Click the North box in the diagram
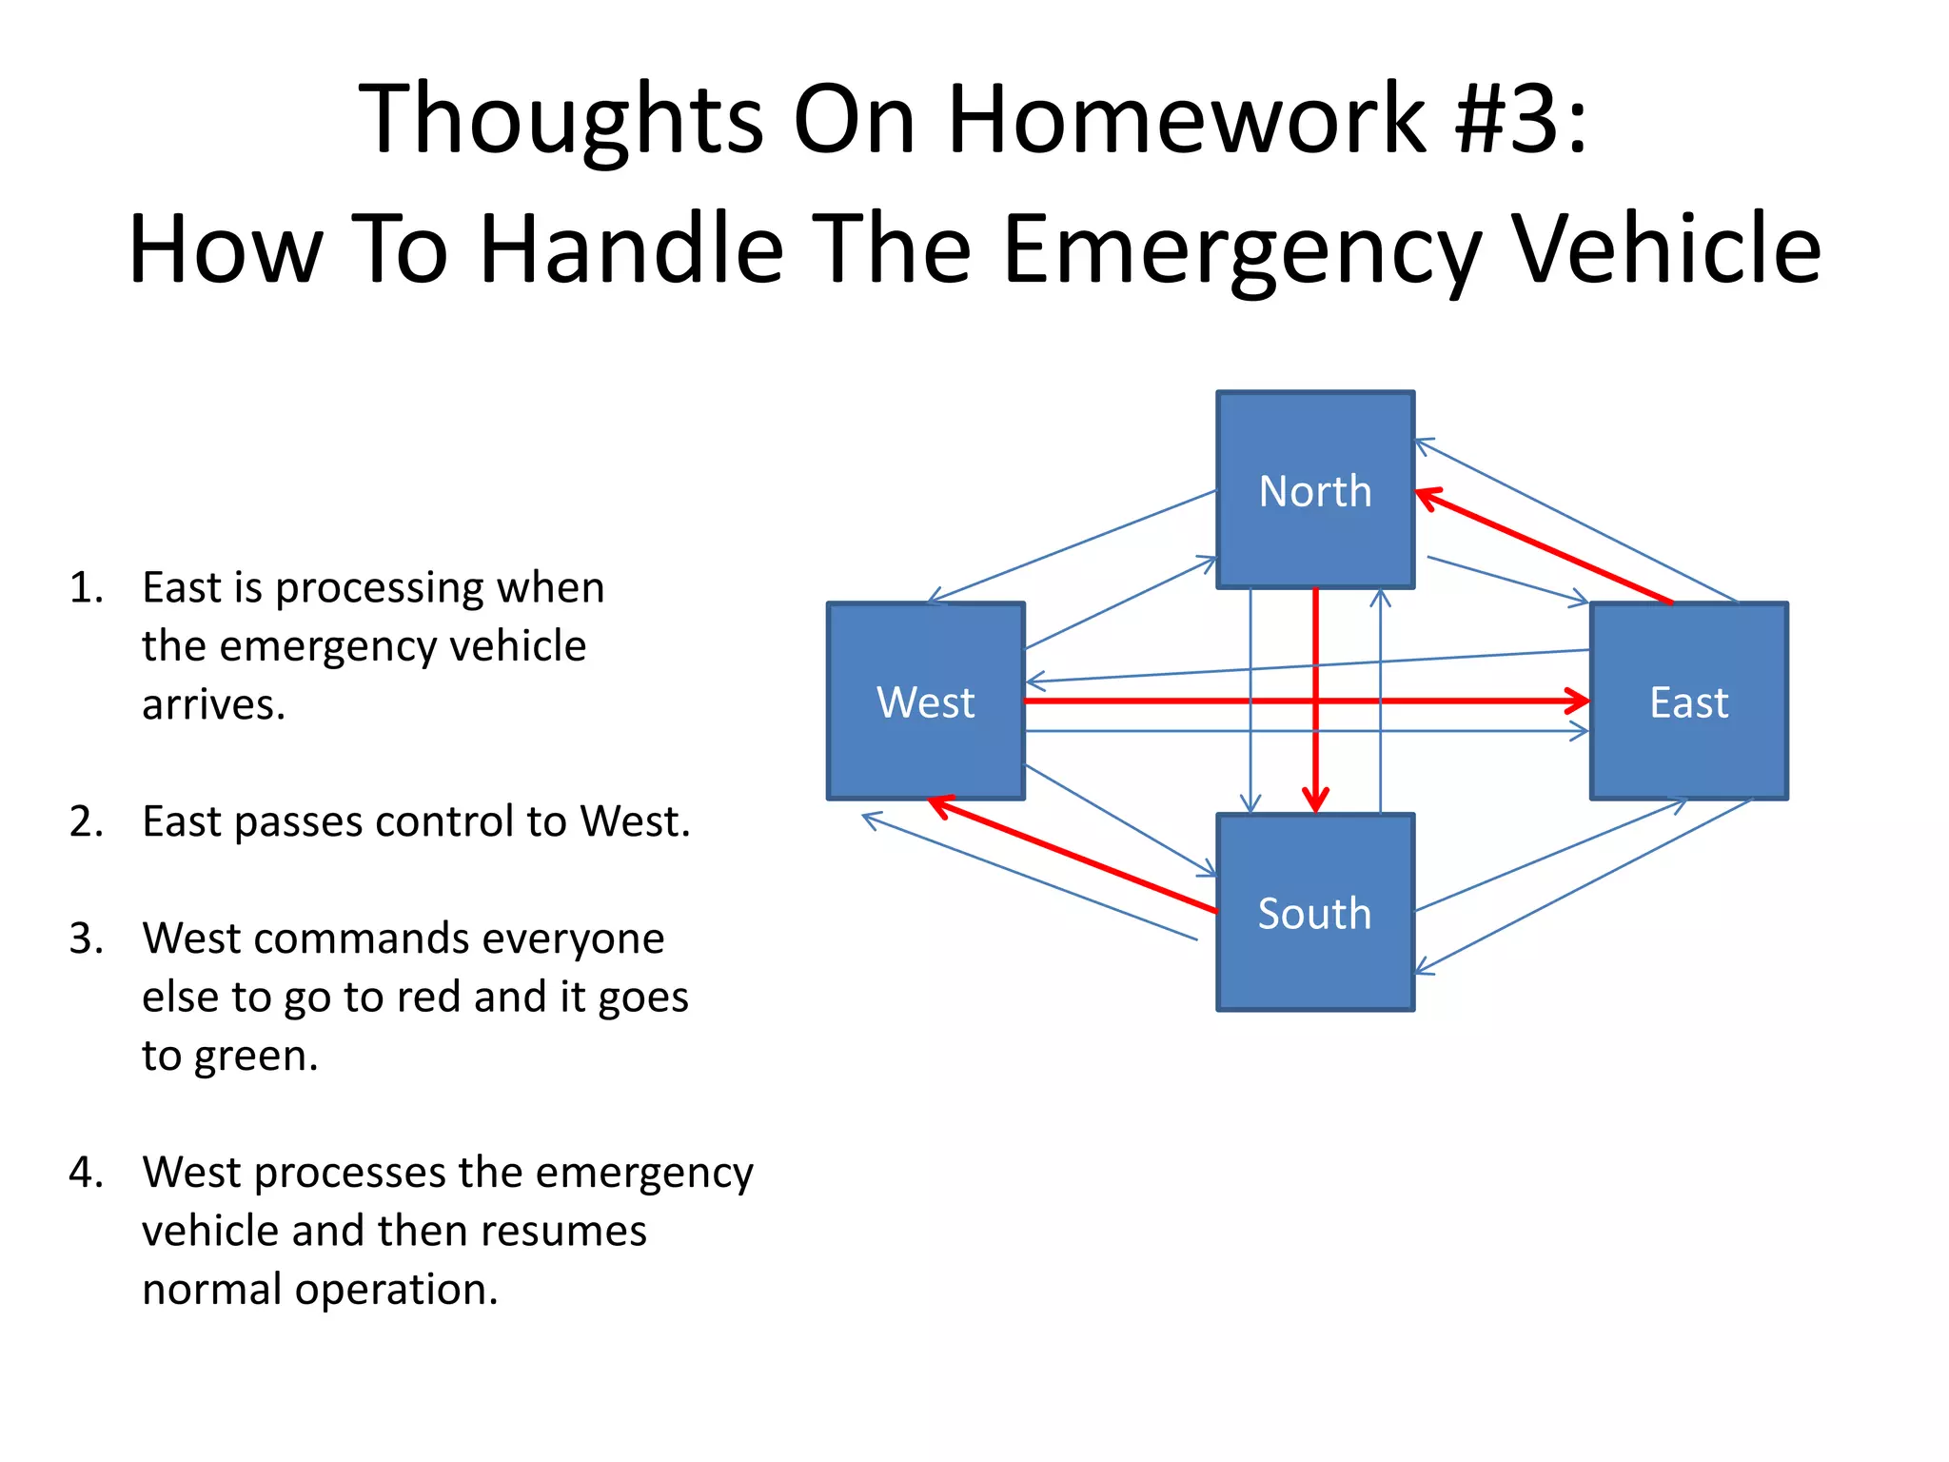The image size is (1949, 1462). pyautogui.click(x=1315, y=490)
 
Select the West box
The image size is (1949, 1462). pyautogui.click(x=925, y=701)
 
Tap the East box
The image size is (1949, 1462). pyautogui.click(x=1689, y=701)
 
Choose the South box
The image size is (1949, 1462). pyautogui.click(x=1315, y=913)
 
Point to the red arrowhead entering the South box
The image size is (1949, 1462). pyautogui.click(x=1315, y=801)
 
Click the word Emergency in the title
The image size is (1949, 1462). pyautogui.click(x=1242, y=249)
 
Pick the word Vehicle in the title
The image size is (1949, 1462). pyautogui.click(x=1666, y=249)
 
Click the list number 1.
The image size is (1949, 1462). pyautogui.click(x=85, y=587)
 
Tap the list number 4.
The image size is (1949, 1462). pyautogui.click(x=85, y=1172)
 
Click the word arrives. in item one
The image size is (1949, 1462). pyautogui.click(x=214, y=705)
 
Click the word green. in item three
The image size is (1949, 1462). pyautogui.click(x=256, y=1056)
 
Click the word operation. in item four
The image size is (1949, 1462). pyautogui.click(x=396, y=1290)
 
